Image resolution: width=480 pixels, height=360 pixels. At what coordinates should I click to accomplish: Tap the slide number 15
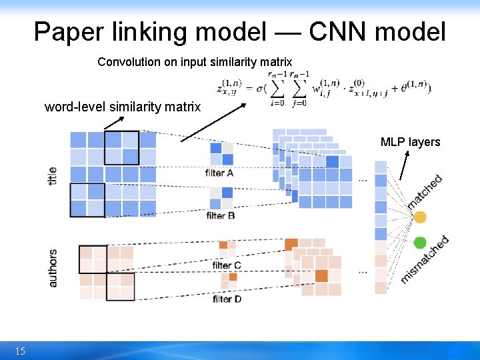[20, 351]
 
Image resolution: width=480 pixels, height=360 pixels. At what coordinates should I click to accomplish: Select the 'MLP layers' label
[410, 141]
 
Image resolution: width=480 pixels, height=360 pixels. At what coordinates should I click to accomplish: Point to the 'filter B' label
[221, 215]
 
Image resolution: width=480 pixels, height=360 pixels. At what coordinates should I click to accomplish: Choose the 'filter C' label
[226, 265]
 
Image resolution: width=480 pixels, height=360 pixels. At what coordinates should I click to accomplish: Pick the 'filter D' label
[227, 299]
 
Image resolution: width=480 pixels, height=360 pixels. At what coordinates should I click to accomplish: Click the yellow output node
[420, 217]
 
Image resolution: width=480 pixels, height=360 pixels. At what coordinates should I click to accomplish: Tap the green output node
[420, 242]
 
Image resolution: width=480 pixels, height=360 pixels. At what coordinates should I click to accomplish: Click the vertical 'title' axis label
[53, 175]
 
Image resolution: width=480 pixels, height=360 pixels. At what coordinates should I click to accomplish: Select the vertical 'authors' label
[53, 268]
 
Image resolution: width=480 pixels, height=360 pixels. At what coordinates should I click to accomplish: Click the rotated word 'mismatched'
[425, 260]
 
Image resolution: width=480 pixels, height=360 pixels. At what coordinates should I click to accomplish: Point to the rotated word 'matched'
[425, 191]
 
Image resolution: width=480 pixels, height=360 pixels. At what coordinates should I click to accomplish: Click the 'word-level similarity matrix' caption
[123, 107]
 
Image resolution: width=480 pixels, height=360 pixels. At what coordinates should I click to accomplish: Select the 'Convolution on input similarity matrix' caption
[195, 62]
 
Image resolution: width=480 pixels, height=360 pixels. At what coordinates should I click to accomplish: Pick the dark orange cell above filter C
[223, 245]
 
